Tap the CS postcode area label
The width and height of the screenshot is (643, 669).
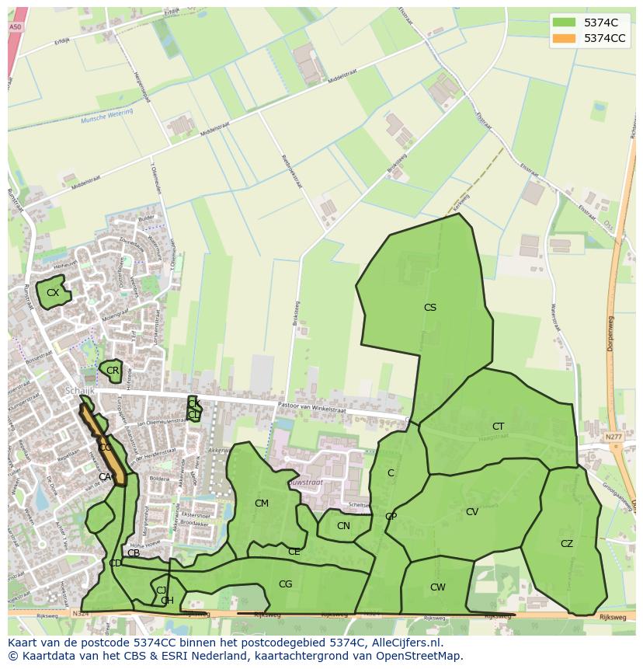[x=429, y=308]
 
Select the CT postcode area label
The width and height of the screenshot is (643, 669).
[x=498, y=427]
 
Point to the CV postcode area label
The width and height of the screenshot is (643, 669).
[x=472, y=512]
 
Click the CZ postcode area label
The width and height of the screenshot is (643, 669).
[x=567, y=544]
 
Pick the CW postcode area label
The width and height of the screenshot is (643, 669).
[x=438, y=587]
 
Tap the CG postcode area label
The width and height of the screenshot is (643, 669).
[x=285, y=584]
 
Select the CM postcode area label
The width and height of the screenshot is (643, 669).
[x=262, y=503]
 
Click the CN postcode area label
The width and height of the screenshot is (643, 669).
[x=343, y=526]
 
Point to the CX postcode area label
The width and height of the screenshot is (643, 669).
[x=53, y=293]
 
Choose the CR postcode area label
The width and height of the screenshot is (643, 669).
[x=113, y=371]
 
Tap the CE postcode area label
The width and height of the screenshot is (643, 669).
[x=294, y=552]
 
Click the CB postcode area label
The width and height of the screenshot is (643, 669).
[x=134, y=553]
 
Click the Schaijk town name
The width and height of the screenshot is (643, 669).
[x=79, y=390]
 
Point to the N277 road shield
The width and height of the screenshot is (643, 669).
[x=613, y=437]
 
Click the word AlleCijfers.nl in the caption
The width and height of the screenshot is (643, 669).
[x=405, y=643]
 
